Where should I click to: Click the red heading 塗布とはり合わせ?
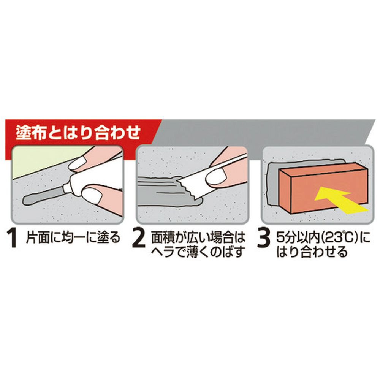coord(78,132)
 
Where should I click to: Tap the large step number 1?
coord(12,239)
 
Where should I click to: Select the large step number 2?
coord(139,239)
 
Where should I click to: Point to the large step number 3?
coord(264,239)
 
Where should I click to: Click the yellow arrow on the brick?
coord(339,200)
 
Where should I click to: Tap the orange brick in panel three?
coord(323,188)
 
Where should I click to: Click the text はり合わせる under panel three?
coord(312,252)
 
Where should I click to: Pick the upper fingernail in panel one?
coord(77,163)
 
